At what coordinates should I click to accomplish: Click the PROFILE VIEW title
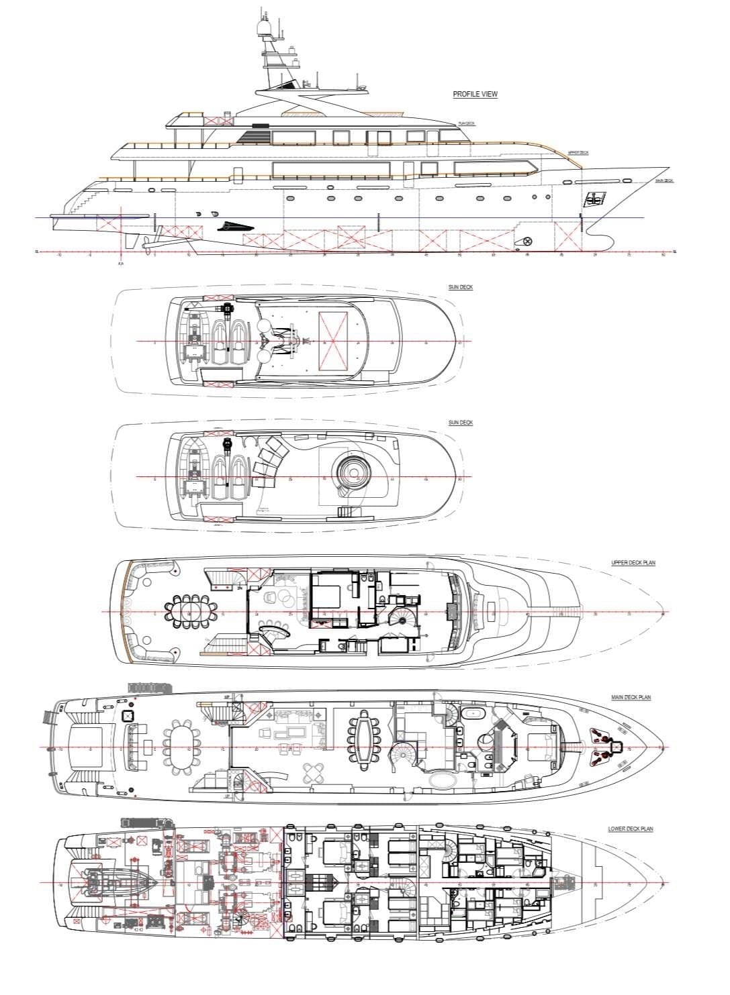point(475,95)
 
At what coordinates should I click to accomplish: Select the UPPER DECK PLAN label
point(633,563)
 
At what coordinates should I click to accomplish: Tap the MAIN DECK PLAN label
point(631,698)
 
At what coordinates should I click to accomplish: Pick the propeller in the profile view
point(142,242)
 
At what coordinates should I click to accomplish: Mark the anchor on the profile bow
point(594,198)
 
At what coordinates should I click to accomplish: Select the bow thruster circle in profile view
point(527,241)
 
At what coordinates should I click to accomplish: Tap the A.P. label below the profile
point(121,264)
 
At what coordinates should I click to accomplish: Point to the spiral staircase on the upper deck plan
point(402,620)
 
